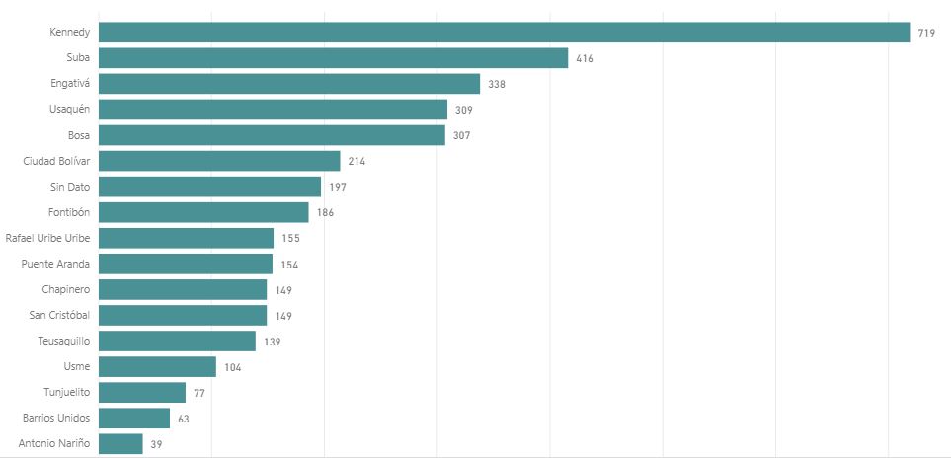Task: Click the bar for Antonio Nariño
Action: (120, 443)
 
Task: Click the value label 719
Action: (926, 34)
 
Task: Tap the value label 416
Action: (585, 59)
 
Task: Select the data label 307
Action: (461, 136)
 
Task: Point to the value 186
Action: (325, 213)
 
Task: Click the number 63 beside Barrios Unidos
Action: (183, 419)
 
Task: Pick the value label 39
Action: (156, 444)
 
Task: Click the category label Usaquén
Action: (69, 110)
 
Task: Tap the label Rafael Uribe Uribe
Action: (47, 238)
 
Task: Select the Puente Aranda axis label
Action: (55, 264)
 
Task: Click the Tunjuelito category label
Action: (66, 392)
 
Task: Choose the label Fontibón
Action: (68, 212)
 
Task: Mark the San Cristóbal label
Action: (60, 315)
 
